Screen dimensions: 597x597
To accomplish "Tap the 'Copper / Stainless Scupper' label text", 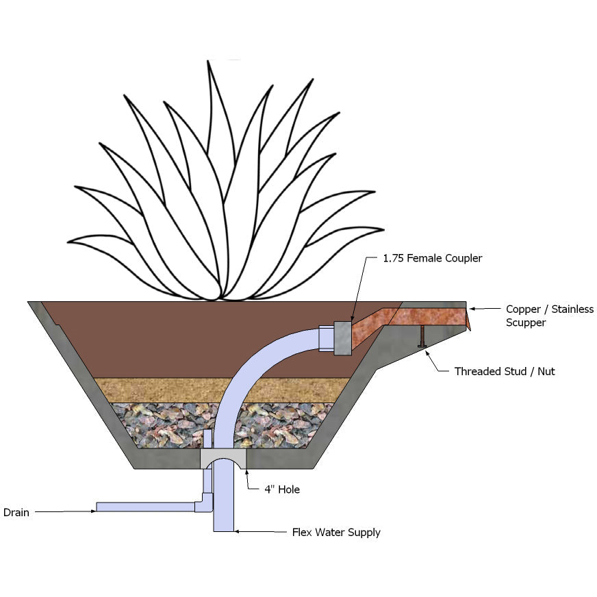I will [x=549, y=316].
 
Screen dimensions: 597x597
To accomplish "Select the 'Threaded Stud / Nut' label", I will [x=505, y=372].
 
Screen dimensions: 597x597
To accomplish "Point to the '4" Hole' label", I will [x=282, y=490].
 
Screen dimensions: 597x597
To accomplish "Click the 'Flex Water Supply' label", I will [x=335, y=532].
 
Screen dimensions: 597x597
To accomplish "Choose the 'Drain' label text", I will [x=16, y=512].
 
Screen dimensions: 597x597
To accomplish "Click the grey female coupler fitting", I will [x=341, y=338].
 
